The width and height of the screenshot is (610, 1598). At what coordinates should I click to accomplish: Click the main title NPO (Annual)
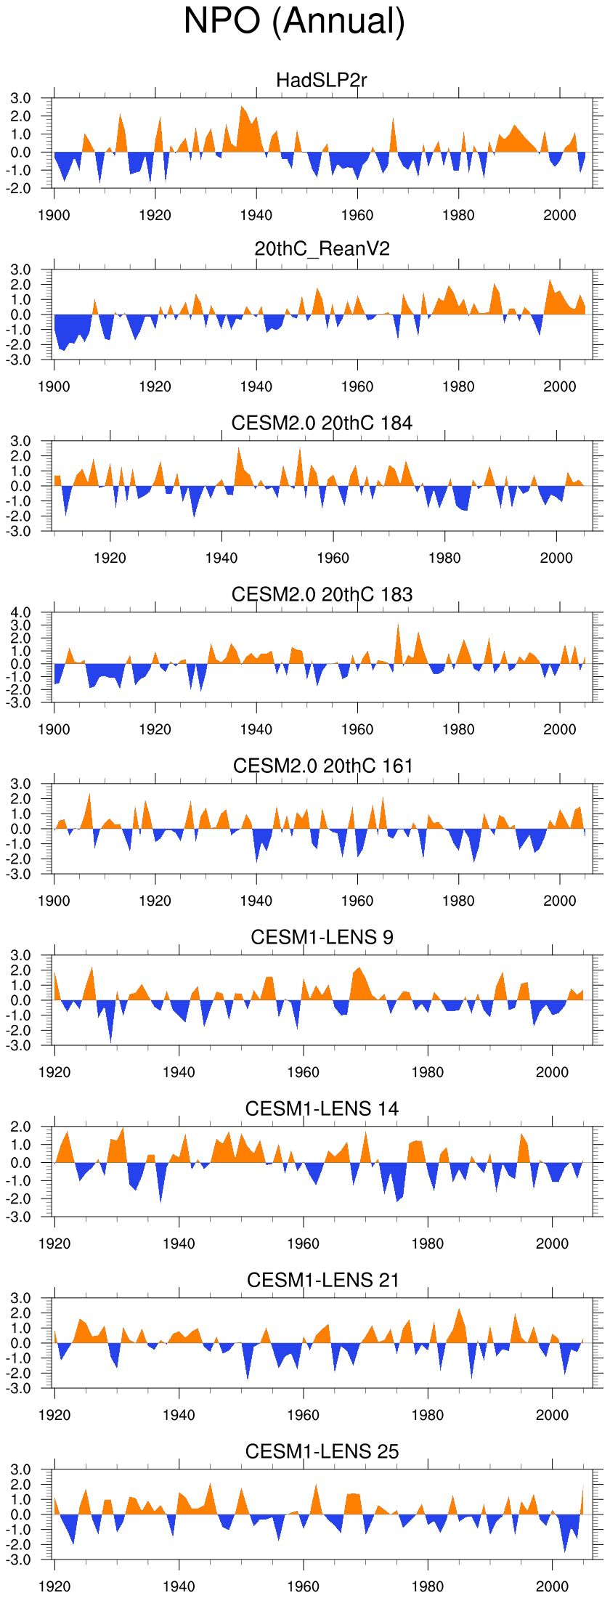pos(294,21)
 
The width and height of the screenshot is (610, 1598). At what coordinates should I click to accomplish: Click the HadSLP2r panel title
pos(322,80)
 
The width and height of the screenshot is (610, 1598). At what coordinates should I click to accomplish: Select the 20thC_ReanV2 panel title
pos(322,249)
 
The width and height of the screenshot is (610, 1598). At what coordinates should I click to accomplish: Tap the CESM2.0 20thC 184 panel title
pos(322,423)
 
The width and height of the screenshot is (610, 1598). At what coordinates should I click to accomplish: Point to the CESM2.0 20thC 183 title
pos(322,594)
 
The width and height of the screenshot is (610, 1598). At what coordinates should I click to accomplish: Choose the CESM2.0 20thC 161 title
pos(322,766)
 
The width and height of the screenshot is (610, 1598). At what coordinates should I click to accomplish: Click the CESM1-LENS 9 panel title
pos(322,937)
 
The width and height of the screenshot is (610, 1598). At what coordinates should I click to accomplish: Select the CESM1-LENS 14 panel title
pos(322,1108)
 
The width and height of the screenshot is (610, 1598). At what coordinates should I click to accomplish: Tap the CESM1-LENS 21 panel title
pos(322,1280)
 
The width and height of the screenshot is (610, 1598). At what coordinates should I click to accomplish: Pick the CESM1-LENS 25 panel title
pos(322,1451)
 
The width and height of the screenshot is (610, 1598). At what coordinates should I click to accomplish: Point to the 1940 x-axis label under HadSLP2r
pos(256,215)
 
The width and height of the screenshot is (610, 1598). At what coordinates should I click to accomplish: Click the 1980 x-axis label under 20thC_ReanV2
pos(458,386)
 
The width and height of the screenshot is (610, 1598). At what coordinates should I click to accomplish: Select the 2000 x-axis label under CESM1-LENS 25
pos(552,1586)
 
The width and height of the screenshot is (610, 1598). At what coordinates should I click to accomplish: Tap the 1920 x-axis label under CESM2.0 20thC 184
pos(110,558)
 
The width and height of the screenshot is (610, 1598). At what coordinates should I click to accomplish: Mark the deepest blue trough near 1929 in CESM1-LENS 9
pos(111,1040)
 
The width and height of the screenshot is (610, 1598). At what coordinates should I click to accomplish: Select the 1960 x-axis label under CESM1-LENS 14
pos(303,1244)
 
